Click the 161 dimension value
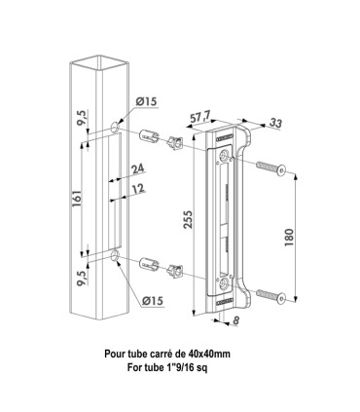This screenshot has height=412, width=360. tap(75, 196)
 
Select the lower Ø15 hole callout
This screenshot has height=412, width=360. tap(147, 302)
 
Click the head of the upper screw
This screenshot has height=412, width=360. tap(281, 171)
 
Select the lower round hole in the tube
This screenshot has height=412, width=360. tap(116, 256)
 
